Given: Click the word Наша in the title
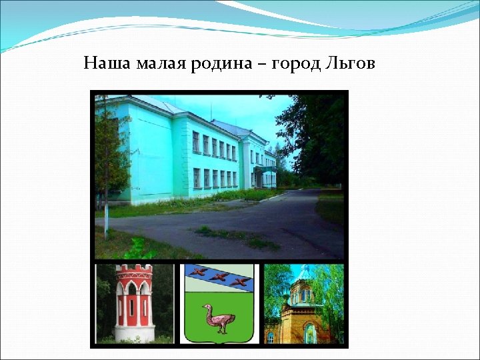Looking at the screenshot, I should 107,64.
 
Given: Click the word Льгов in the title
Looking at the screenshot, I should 351,64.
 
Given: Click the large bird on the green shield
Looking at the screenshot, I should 219,319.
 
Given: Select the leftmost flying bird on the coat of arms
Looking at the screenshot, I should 197,271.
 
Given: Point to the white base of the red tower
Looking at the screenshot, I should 134,331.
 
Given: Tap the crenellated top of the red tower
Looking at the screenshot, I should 134,271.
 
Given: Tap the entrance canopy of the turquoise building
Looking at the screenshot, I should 265,169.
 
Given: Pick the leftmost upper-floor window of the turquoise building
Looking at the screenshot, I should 196,141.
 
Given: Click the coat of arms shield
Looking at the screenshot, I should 219,303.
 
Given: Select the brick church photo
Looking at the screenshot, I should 304,303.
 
